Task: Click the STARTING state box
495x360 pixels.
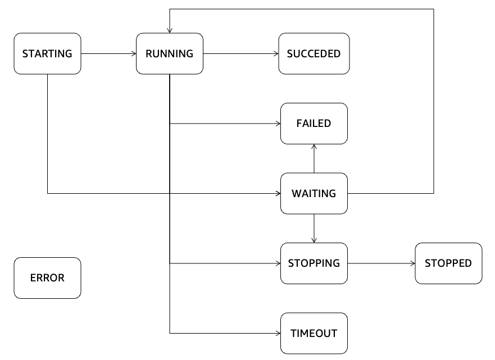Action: pos(47,53)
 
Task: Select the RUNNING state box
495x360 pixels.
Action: pos(169,53)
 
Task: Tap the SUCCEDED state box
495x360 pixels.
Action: pos(314,53)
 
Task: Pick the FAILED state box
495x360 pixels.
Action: pos(314,123)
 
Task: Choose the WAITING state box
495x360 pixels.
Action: pos(314,194)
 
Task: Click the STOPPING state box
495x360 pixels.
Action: pos(314,263)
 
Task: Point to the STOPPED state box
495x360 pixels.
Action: pos(448,263)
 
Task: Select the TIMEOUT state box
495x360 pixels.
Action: pos(314,333)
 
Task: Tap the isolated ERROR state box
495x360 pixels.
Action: pos(47,277)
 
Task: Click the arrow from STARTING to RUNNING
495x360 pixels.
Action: pos(109,53)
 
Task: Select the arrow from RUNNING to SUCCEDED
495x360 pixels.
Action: pos(240,53)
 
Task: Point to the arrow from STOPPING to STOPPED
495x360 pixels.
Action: pos(381,263)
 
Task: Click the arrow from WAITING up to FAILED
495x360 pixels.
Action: pos(314,158)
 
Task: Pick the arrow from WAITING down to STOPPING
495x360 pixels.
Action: pos(314,228)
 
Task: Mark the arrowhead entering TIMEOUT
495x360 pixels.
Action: pos(278,333)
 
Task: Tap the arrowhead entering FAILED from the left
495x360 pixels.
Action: pos(278,123)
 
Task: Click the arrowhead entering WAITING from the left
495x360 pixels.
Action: pos(278,194)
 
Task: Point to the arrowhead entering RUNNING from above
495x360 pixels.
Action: pos(169,30)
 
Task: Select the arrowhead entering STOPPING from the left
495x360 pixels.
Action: pos(278,263)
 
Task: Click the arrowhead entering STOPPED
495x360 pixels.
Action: pos(412,263)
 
